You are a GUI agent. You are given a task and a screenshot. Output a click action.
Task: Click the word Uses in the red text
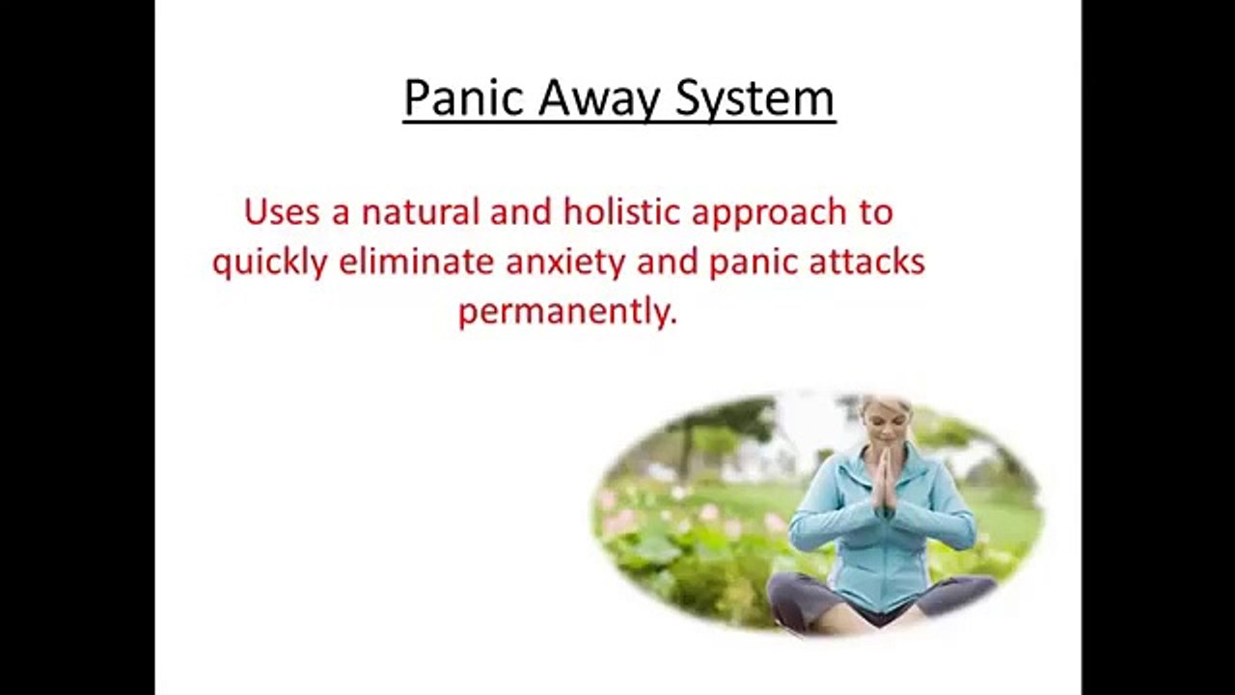point(282,212)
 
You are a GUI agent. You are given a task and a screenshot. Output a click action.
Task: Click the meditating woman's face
point(885,423)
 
